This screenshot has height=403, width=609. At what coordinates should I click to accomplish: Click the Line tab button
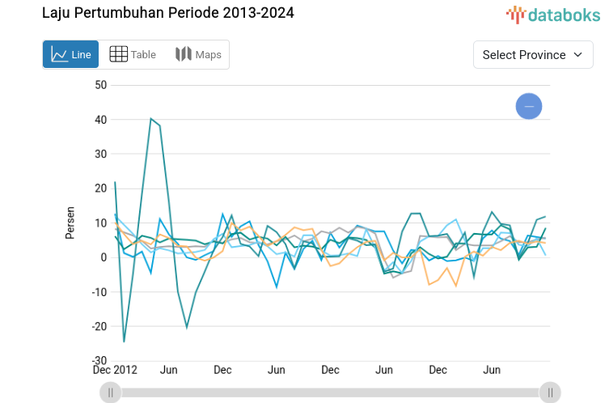[x=71, y=54]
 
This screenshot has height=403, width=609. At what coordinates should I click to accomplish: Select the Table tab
[x=133, y=54]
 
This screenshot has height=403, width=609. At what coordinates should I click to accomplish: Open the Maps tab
[x=198, y=54]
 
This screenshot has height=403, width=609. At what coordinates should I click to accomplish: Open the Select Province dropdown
[x=533, y=54]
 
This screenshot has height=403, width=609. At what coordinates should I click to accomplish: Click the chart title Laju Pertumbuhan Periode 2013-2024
[x=168, y=13]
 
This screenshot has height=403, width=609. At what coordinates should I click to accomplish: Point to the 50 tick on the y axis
[x=100, y=85]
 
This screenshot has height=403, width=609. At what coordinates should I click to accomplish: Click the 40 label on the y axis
[x=100, y=120]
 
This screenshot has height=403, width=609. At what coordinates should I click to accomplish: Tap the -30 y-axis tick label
[x=98, y=361]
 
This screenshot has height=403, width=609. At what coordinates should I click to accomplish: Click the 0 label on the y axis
[x=104, y=257]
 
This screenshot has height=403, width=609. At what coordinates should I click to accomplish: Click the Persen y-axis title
[x=70, y=223]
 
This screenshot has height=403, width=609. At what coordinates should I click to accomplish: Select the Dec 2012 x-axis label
[x=116, y=370]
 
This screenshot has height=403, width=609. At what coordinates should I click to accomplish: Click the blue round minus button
[x=529, y=106]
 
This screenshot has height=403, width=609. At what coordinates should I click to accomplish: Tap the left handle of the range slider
[x=110, y=392]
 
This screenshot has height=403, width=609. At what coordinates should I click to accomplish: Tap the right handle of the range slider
[x=550, y=392]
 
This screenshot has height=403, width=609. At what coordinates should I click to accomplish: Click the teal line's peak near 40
[x=151, y=119]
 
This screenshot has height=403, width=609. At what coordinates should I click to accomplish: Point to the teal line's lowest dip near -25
[x=124, y=341]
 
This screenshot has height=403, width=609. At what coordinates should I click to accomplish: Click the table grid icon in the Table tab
[x=118, y=54]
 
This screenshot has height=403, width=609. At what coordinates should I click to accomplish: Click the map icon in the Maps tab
[x=184, y=54]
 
